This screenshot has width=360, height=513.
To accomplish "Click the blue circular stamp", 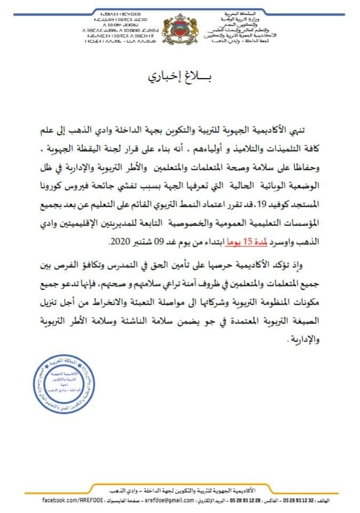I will point(62,394).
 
